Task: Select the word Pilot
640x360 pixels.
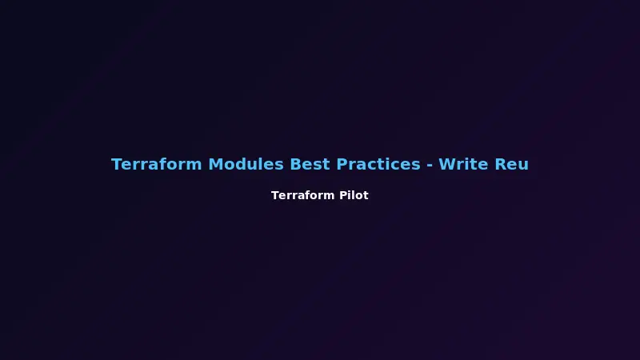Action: click(x=353, y=195)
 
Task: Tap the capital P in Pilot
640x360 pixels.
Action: click(x=340, y=195)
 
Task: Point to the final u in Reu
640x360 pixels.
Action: click(x=523, y=165)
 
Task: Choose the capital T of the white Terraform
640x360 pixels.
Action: click(x=275, y=195)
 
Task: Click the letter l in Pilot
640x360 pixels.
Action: click(x=351, y=195)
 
